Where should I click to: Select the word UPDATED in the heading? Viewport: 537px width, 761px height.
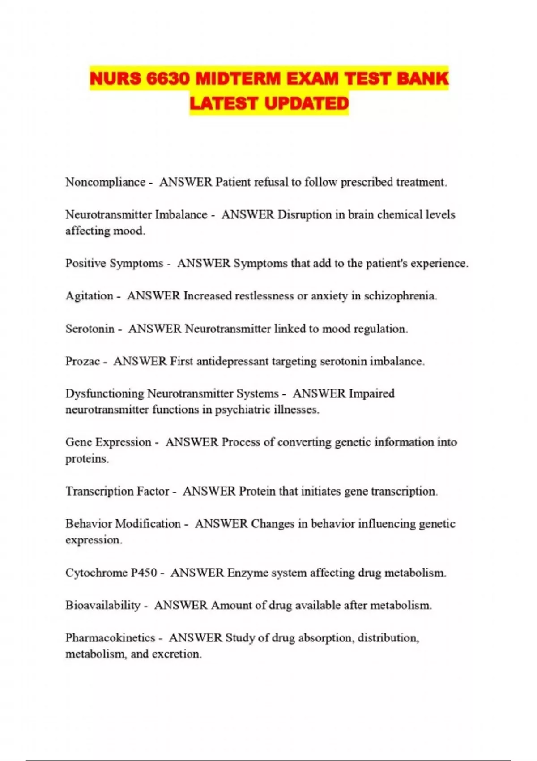coord(307,103)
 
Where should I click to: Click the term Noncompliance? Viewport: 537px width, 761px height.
coord(105,183)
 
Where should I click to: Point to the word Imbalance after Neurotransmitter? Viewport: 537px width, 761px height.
coord(181,215)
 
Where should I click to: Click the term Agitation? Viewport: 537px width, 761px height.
coord(89,296)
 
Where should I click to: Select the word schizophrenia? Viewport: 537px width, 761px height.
coord(400,296)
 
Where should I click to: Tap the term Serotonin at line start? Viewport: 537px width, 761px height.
coord(90,329)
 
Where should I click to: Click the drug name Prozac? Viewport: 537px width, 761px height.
coord(82,361)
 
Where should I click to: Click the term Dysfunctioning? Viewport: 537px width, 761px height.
coord(104,394)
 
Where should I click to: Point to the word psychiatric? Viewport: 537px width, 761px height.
coord(243,410)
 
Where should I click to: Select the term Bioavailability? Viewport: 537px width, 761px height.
coord(102,606)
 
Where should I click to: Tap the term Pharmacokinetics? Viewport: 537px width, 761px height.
coord(110,638)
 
